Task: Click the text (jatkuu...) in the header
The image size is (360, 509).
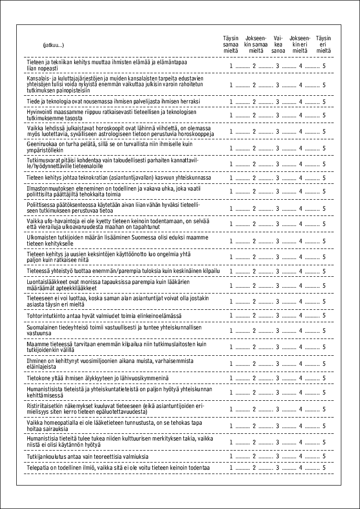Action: [x=53, y=45]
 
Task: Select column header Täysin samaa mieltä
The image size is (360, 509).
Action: [x=231, y=44]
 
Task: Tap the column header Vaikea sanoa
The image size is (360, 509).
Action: [x=278, y=44]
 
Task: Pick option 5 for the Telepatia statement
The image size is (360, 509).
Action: [x=324, y=467]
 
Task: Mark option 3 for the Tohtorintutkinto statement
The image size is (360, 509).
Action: [x=278, y=315]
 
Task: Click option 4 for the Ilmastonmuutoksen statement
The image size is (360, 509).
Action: [x=301, y=192]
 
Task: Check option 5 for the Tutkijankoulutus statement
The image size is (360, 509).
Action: [x=324, y=456]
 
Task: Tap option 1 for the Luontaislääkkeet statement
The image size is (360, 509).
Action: [x=231, y=286]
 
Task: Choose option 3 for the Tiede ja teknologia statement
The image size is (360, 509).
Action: [x=278, y=102]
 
